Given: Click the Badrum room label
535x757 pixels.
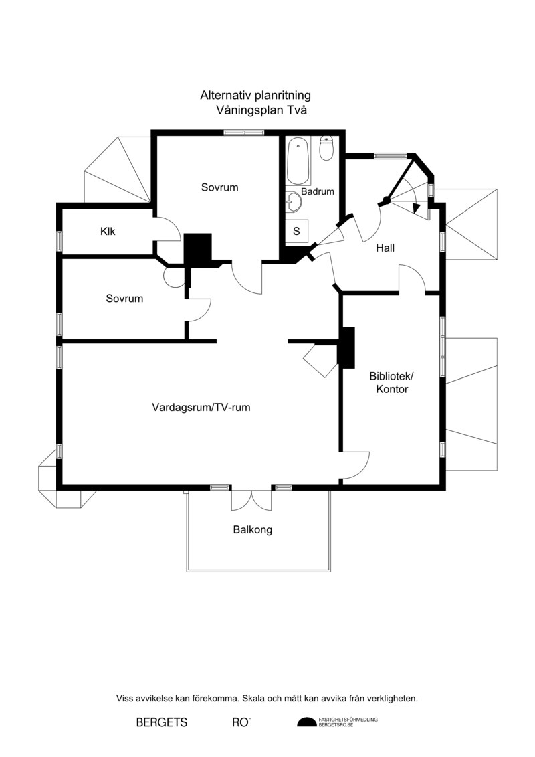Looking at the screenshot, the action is click(318, 191).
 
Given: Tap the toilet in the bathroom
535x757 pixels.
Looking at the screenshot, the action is click(326, 148).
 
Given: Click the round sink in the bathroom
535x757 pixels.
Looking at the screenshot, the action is click(294, 201).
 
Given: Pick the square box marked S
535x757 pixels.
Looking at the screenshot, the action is click(296, 232).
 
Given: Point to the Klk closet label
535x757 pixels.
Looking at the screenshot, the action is click(108, 232).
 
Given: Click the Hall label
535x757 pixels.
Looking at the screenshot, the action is click(385, 248).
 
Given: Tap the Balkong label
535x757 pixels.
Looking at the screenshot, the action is click(252, 529).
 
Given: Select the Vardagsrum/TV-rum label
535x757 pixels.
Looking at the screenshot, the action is click(201, 407).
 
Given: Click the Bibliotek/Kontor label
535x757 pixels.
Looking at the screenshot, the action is click(392, 382).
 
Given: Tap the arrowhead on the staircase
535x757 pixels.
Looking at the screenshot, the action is click(417, 208).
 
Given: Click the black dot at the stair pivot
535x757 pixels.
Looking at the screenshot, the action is click(385, 200).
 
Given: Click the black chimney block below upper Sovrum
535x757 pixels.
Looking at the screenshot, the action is click(198, 250).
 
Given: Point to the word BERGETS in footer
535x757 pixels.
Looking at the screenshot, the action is click(162, 722).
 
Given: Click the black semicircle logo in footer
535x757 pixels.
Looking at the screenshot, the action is click(306, 722).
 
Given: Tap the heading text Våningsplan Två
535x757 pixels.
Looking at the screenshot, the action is click(261, 110).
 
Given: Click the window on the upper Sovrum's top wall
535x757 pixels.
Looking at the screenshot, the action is click(244, 133).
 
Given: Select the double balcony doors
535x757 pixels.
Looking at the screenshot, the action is click(251, 500).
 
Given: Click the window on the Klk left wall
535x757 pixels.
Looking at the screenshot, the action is click(60, 241).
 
